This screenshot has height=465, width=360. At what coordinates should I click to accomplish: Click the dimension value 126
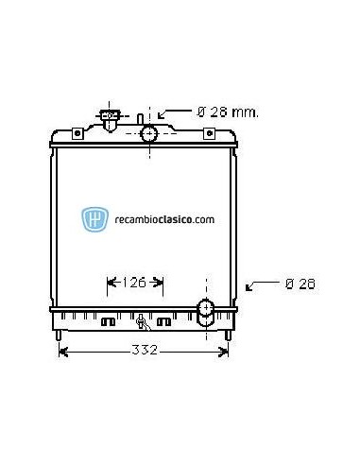pos(136,281)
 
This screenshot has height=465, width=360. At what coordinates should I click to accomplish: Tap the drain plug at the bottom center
pos(141,320)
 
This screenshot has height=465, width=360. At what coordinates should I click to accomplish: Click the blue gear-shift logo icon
pos(94,218)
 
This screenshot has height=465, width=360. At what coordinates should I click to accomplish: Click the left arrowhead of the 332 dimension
pos(63,352)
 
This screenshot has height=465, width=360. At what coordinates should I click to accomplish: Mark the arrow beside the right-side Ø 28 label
pos(257,284)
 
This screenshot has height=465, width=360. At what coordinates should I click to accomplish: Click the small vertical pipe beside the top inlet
pos(138,123)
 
